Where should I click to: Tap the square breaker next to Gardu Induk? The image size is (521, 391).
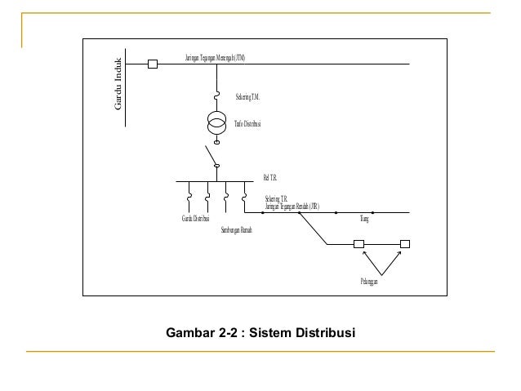tap(152, 64)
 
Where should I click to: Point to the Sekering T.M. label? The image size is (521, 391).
tap(247, 97)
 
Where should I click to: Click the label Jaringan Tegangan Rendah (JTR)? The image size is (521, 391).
tap(292, 206)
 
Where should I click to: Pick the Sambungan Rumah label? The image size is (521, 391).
tap(237, 231)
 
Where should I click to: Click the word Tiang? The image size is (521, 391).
tap(365, 220)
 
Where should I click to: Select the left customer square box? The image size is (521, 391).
tap(358, 243)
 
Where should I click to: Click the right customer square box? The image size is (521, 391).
tap(404, 243)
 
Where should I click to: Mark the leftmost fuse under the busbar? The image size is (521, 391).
tap(189, 198)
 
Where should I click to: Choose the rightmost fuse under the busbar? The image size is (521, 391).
tap(244, 198)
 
